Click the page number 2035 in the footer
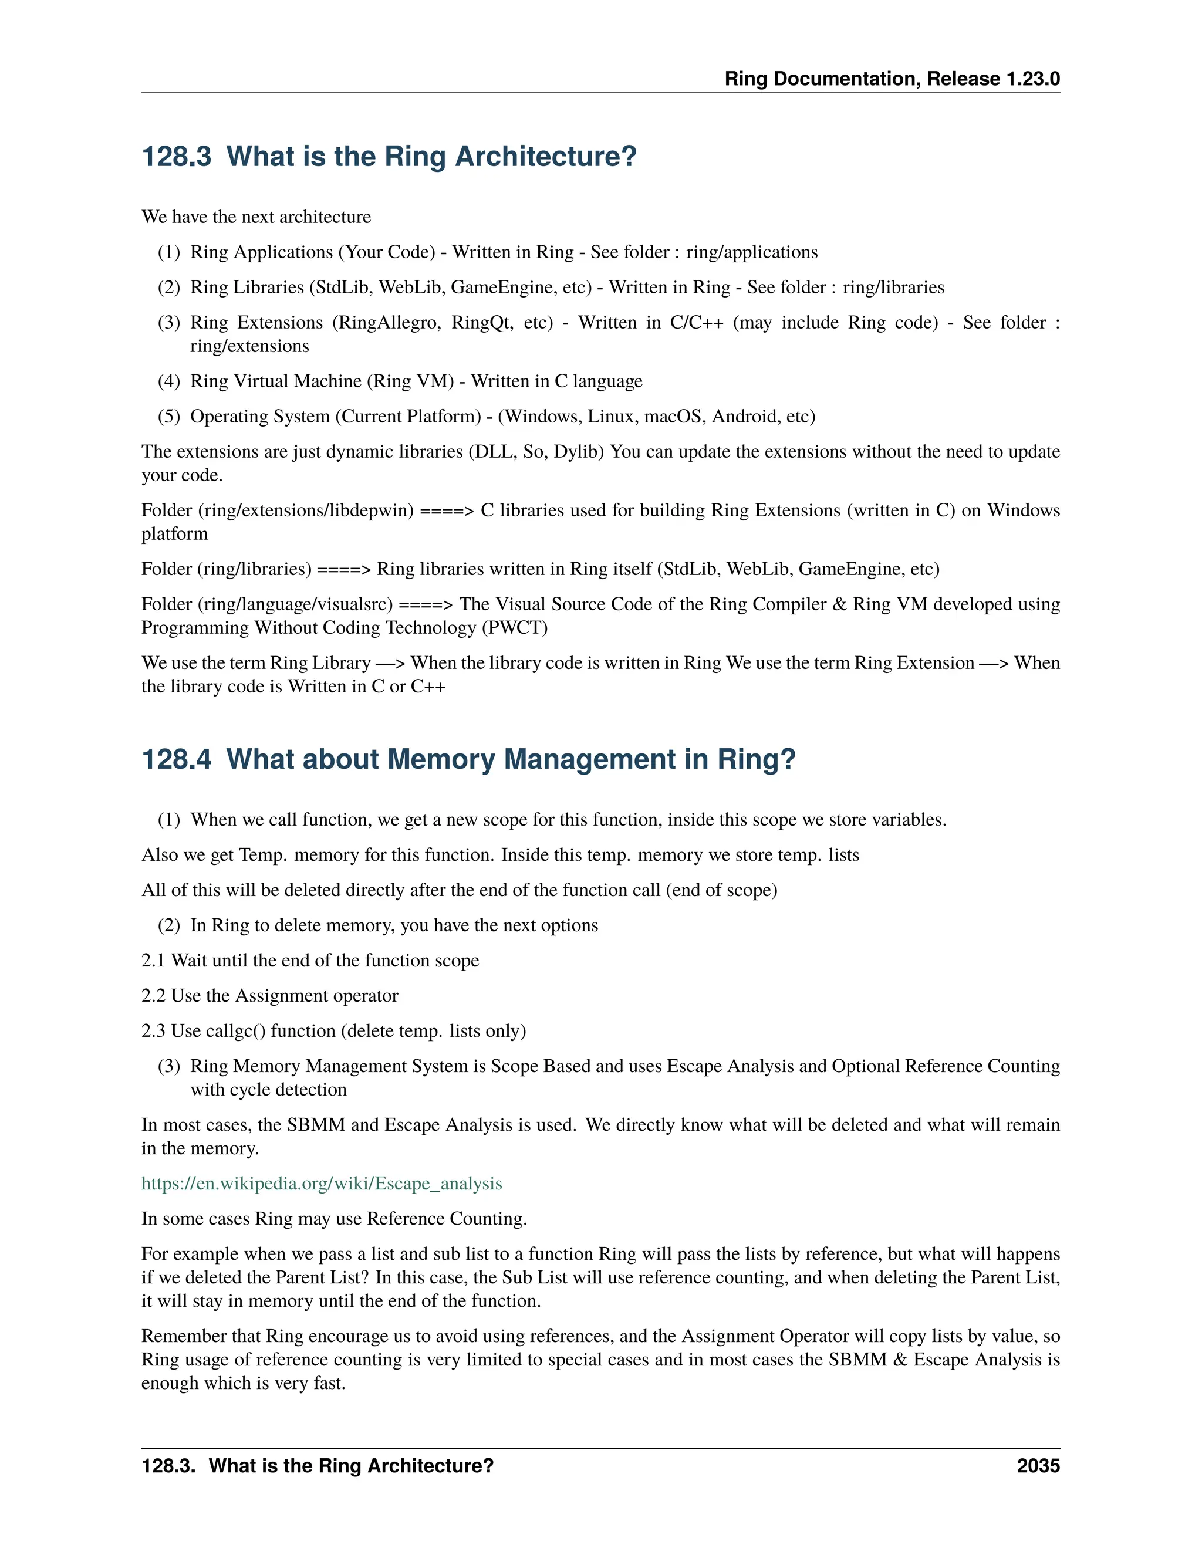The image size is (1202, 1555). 1038,1466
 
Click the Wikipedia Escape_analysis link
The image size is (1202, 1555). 321,1184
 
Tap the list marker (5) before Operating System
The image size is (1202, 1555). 169,417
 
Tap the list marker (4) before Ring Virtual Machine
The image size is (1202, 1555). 169,381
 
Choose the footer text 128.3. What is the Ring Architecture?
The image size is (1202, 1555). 317,1466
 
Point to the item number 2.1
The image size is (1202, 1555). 153,961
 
